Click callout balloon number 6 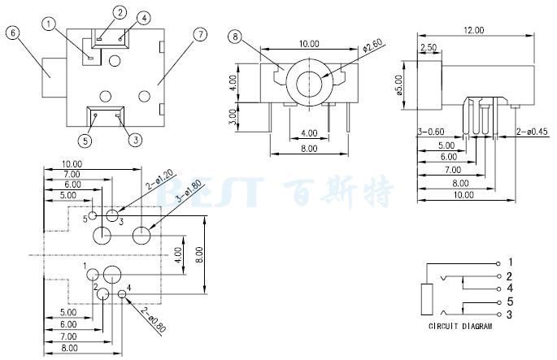coord(12,33)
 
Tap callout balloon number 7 coord(200,33)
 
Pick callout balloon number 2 coord(120,12)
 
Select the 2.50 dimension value coord(427,48)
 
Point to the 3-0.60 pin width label coord(430,131)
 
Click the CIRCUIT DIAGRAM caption coord(461,327)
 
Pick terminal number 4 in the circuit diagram coord(509,288)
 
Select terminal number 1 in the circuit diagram coord(509,262)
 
